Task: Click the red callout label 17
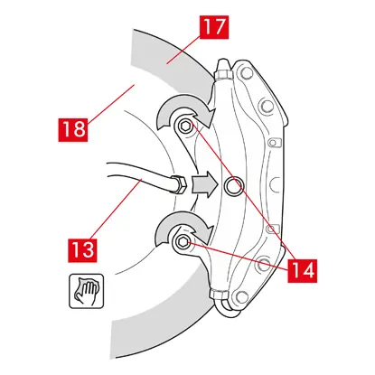213,28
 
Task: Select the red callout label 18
73,130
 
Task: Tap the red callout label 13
82,250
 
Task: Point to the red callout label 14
302,270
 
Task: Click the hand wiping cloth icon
87,291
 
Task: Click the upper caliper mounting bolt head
184,127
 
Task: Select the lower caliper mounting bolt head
182,240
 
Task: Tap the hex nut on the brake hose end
180,184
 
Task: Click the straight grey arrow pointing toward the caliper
205,184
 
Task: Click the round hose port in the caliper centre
234,186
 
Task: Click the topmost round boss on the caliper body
247,73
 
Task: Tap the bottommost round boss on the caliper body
242,297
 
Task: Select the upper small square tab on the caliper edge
274,142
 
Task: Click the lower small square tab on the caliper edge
271,229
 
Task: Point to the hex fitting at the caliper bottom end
217,295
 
